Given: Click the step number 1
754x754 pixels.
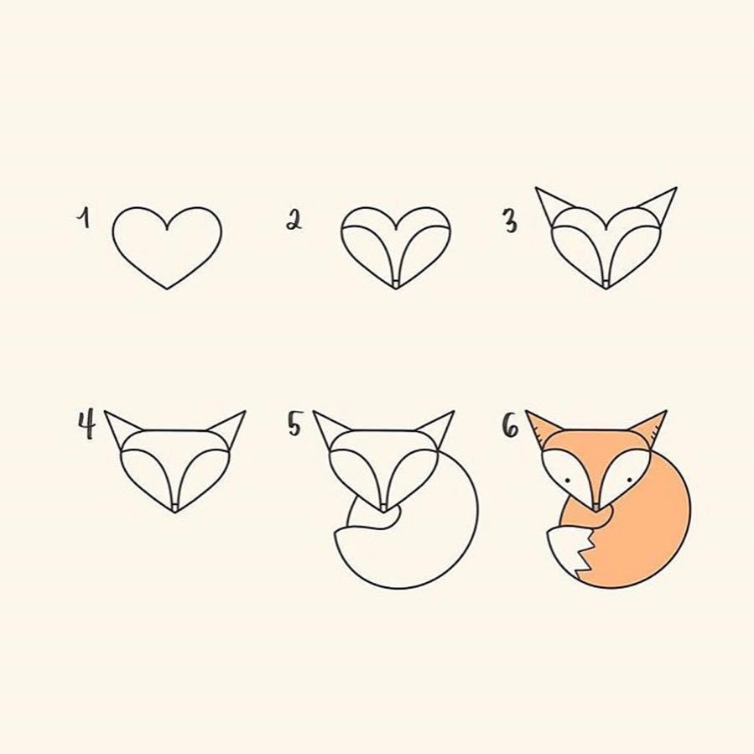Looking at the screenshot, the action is coord(84,218).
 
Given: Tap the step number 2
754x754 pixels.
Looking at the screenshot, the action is coord(294,221).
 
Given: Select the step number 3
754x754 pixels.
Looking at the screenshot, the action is coord(510,221).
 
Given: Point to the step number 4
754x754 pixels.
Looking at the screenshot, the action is coord(86,424).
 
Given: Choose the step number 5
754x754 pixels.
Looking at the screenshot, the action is coord(294,424).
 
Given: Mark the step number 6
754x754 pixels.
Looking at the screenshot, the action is coord(511,425).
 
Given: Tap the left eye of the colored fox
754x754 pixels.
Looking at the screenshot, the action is coord(568,481).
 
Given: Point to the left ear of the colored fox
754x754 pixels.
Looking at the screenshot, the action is coord(543,428).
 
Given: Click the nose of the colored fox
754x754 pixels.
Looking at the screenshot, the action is coord(596,507).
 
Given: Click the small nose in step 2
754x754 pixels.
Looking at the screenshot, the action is coord(396,284).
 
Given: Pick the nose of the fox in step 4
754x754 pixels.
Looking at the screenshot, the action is coord(175,507).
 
